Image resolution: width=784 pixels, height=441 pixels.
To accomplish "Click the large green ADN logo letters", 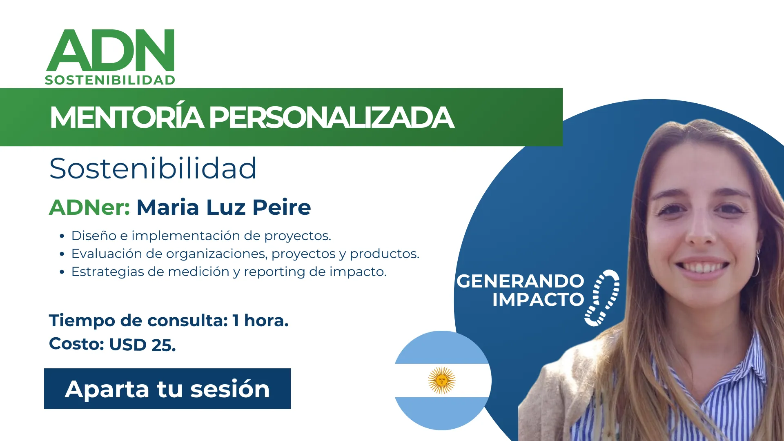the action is pos(111,50).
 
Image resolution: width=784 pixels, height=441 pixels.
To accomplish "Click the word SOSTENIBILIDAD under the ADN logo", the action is pos(110,80).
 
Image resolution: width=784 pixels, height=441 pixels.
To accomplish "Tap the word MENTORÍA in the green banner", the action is pos(127,117).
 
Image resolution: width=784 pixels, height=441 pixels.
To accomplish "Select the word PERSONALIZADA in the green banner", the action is pos(331,118).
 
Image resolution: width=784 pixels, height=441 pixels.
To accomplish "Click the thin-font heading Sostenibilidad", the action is pos(153,168).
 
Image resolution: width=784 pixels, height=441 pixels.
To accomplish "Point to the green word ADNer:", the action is pos(89,207).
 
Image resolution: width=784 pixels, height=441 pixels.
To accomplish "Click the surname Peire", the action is pos(282,207).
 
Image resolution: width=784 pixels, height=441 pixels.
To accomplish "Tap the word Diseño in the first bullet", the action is pos(94,236).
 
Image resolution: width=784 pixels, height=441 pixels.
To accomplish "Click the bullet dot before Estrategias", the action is pos(62,272).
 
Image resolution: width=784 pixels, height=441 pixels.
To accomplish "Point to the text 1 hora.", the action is pos(261,321).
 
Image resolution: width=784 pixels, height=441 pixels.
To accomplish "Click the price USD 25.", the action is pos(143,345).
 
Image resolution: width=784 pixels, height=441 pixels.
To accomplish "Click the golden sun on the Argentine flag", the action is pos(442,380).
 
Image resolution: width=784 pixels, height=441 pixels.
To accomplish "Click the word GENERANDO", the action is pos(520,281).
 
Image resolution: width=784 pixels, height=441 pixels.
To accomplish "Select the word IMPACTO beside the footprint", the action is pos(538,299).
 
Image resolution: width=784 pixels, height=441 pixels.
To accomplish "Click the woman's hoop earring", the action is pos(756,265).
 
